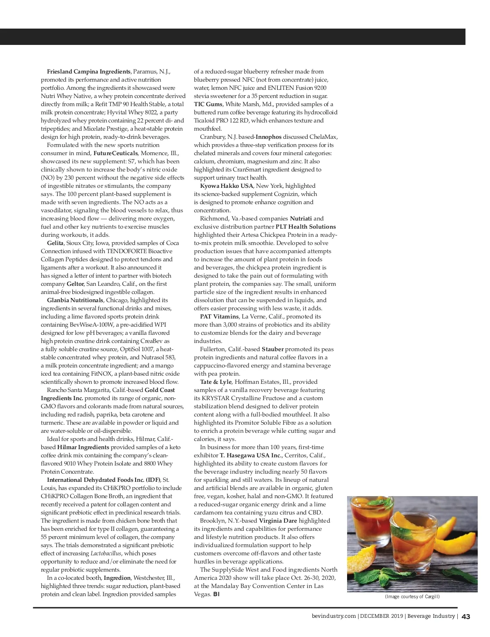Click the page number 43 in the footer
point(466,617)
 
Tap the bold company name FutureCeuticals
point(116,153)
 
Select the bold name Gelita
point(55,243)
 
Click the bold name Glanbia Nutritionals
point(75,300)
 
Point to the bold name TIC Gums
point(208,104)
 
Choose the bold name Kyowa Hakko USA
point(226,186)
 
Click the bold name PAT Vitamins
point(219,316)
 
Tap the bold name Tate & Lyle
point(216,382)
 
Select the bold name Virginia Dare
point(278,521)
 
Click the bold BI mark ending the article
point(216,594)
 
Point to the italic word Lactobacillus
point(106,553)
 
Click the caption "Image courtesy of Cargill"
point(412,597)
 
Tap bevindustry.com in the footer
point(333,616)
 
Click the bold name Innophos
point(268,137)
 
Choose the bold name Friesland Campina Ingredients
point(89,71)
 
